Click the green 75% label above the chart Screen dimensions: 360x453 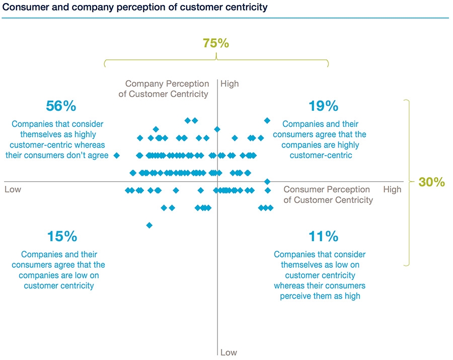216,43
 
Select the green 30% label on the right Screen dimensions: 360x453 431,182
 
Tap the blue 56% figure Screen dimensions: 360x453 61,106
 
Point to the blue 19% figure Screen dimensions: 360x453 324,106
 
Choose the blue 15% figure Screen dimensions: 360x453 62,236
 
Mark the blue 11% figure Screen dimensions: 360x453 324,236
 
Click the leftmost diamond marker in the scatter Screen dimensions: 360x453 117,156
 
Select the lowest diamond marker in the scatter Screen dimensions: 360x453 149,225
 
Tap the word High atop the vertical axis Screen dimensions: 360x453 230,84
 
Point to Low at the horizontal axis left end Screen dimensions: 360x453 13,189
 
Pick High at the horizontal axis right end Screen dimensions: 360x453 392,189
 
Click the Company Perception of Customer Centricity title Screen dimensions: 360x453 164,89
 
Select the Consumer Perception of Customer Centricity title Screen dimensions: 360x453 328,195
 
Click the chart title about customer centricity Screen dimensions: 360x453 135,8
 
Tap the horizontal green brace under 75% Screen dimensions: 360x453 216,61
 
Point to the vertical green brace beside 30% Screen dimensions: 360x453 408,182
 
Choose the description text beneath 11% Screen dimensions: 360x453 320,275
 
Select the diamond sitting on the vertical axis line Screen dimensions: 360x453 217,129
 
